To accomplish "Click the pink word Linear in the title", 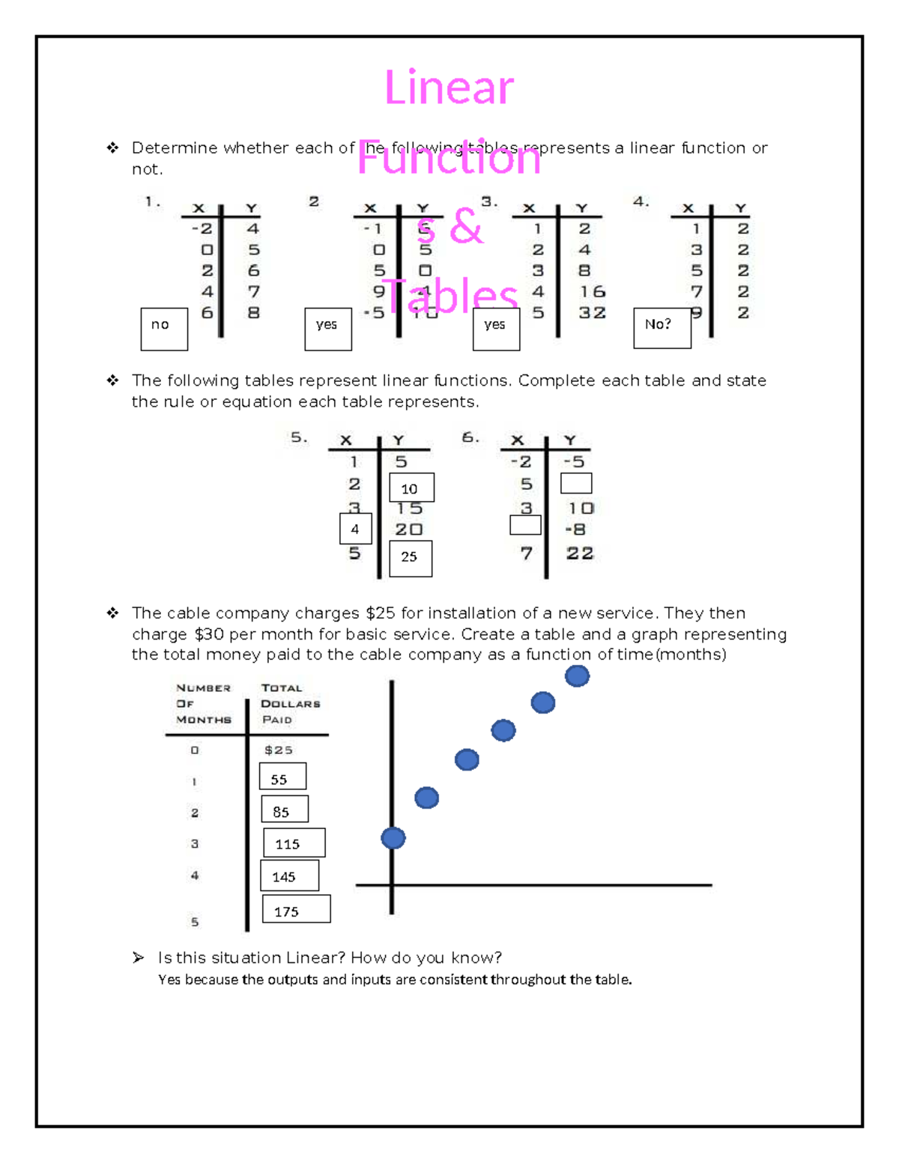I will [x=449, y=88].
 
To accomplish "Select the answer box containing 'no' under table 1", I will [x=164, y=329].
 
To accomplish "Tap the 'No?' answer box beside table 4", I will [x=662, y=328].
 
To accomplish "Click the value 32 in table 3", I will [x=592, y=313].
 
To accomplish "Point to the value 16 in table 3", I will [x=592, y=292].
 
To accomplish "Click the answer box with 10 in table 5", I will [x=411, y=488].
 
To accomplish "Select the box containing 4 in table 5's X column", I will [x=355, y=529].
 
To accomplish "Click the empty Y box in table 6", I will [x=576, y=483].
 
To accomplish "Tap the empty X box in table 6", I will [x=525, y=525].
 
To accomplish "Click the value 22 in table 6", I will [x=580, y=553].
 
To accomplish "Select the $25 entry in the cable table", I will [x=279, y=750].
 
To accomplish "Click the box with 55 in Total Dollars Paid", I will [x=282, y=777].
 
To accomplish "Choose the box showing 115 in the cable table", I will [x=294, y=842].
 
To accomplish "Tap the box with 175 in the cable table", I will [x=296, y=909].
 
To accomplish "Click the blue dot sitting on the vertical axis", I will [x=393, y=837].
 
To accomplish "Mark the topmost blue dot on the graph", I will [x=577, y=675].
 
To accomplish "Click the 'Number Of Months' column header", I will [x=203, y=703].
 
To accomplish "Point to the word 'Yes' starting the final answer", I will [x=169, y=980].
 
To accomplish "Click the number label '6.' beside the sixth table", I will [x=470, y=437].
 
